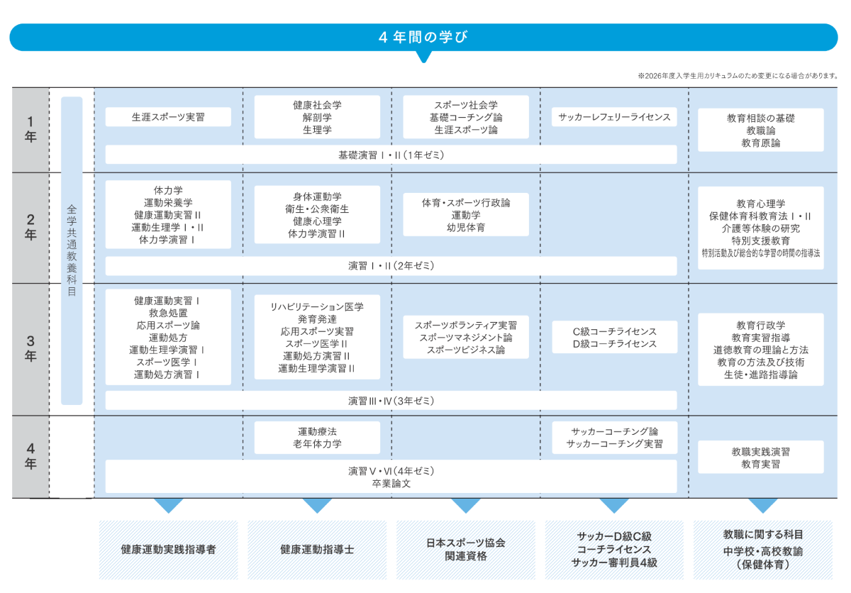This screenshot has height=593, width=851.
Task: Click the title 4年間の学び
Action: [x=423, y=37]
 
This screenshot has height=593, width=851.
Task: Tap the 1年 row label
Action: [x=30, y=129]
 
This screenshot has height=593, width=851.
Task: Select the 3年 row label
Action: [x=30, y=348]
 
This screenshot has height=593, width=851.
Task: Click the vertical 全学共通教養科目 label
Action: [x=72, y=250]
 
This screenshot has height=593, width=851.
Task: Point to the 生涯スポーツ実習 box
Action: [x=168, y=117]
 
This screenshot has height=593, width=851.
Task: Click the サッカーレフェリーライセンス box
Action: [x=614, y=117]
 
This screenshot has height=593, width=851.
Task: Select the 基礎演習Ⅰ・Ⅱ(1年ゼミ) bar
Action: [x=391, y=155]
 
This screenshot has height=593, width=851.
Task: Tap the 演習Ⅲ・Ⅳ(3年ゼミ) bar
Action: [x=391, y=401]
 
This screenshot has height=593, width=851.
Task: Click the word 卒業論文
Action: [x=391, y=484]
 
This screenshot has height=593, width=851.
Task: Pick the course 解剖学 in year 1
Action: [x=317, y=117]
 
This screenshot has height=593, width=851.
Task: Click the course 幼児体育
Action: [x=466, y=228]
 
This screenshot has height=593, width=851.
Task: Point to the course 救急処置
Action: [x=168, y=313]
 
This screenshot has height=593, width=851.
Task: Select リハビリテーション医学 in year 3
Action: [x=317, y=307]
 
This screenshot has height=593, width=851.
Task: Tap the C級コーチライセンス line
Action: [x=614, y=332]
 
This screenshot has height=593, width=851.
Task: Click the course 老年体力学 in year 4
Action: [x=317, y=444]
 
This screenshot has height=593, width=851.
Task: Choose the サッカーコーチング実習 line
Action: [x=614, y=444]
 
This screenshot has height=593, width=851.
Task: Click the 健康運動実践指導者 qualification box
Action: [x=168, y=550]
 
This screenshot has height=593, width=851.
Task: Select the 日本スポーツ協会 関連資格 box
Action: [x=466, y=550]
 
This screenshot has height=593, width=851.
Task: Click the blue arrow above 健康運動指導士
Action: [x=317, y=505]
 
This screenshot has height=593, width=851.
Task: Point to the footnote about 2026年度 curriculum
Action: [x=738, y=76]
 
